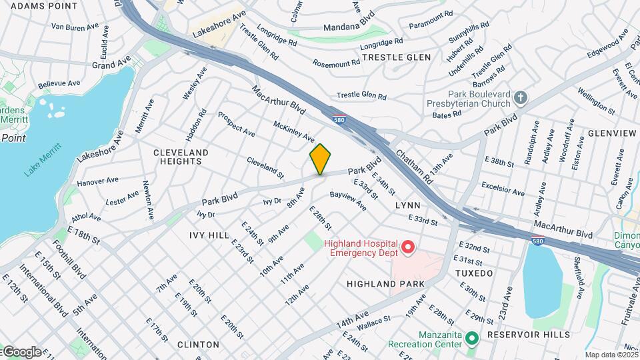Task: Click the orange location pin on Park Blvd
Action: click(320, 159)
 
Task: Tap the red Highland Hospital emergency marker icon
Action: click(407, 249)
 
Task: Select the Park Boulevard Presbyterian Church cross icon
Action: click(521, 99)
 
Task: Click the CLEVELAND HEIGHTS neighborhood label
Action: click(181, 157)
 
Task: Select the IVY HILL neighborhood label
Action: click(209, 235)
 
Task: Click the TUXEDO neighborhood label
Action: click(473, 273)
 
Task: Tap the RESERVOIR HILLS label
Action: click(528, 334)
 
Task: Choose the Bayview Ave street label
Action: click(347, 201)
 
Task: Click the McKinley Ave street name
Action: click(294, 131)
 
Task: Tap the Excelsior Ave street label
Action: click(503, 188)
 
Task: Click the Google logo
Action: click(21, 351)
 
